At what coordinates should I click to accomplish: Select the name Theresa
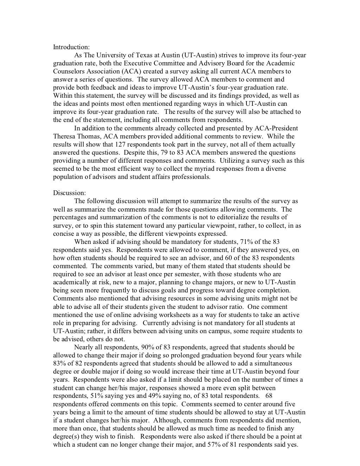(64, 136)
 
